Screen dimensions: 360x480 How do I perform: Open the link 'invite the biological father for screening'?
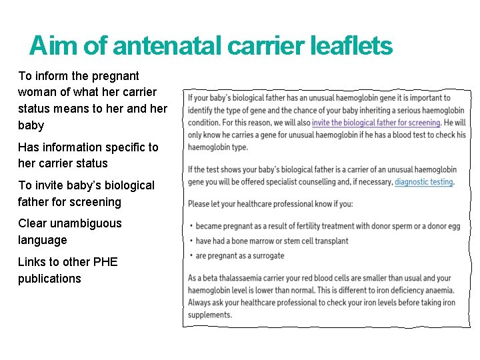click(x=376, y=123)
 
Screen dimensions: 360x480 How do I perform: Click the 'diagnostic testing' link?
click(x=424, y=182)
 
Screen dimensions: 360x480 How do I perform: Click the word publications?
click(x=49, y=279)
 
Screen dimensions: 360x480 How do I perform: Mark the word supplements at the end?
click(x=209, y=315)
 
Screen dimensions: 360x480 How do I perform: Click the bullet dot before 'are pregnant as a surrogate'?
click(x=191, y=255)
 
